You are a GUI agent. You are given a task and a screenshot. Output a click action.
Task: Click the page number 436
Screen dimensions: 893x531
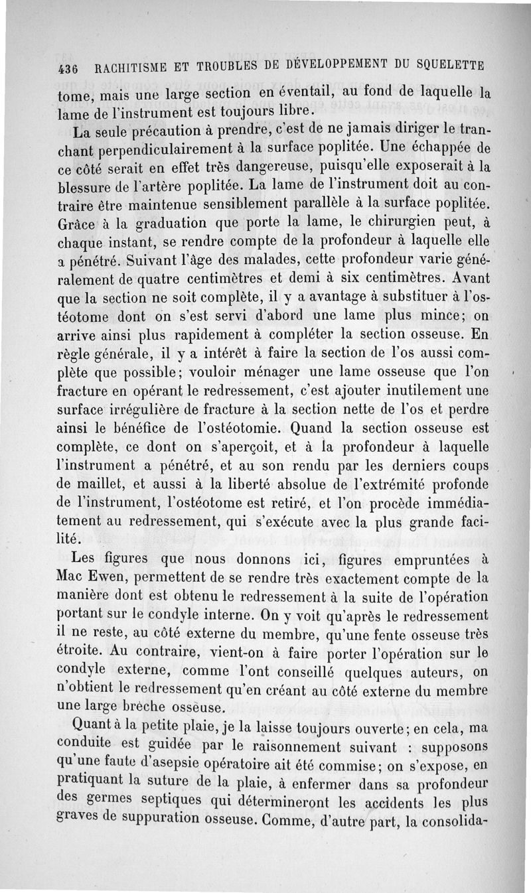68,69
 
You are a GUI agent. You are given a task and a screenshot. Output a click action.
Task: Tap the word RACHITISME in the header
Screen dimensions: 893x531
129,68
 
